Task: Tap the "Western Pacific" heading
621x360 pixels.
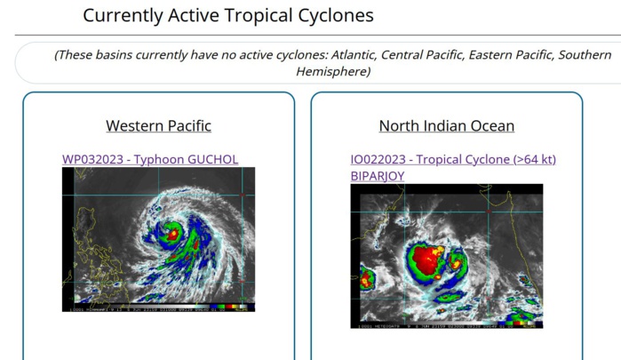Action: (x=158, y=126)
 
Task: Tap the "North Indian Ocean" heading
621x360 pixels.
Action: (x=446, y=126)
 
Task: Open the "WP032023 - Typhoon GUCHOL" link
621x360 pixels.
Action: (x=149, y=160)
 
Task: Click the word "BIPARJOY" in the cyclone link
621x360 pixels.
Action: (x=377, y=176)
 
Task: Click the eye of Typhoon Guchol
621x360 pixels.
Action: (x=173, y=235)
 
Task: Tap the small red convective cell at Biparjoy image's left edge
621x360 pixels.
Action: (x=366, y=282)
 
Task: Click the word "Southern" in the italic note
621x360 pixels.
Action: (x=585, y=55)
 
